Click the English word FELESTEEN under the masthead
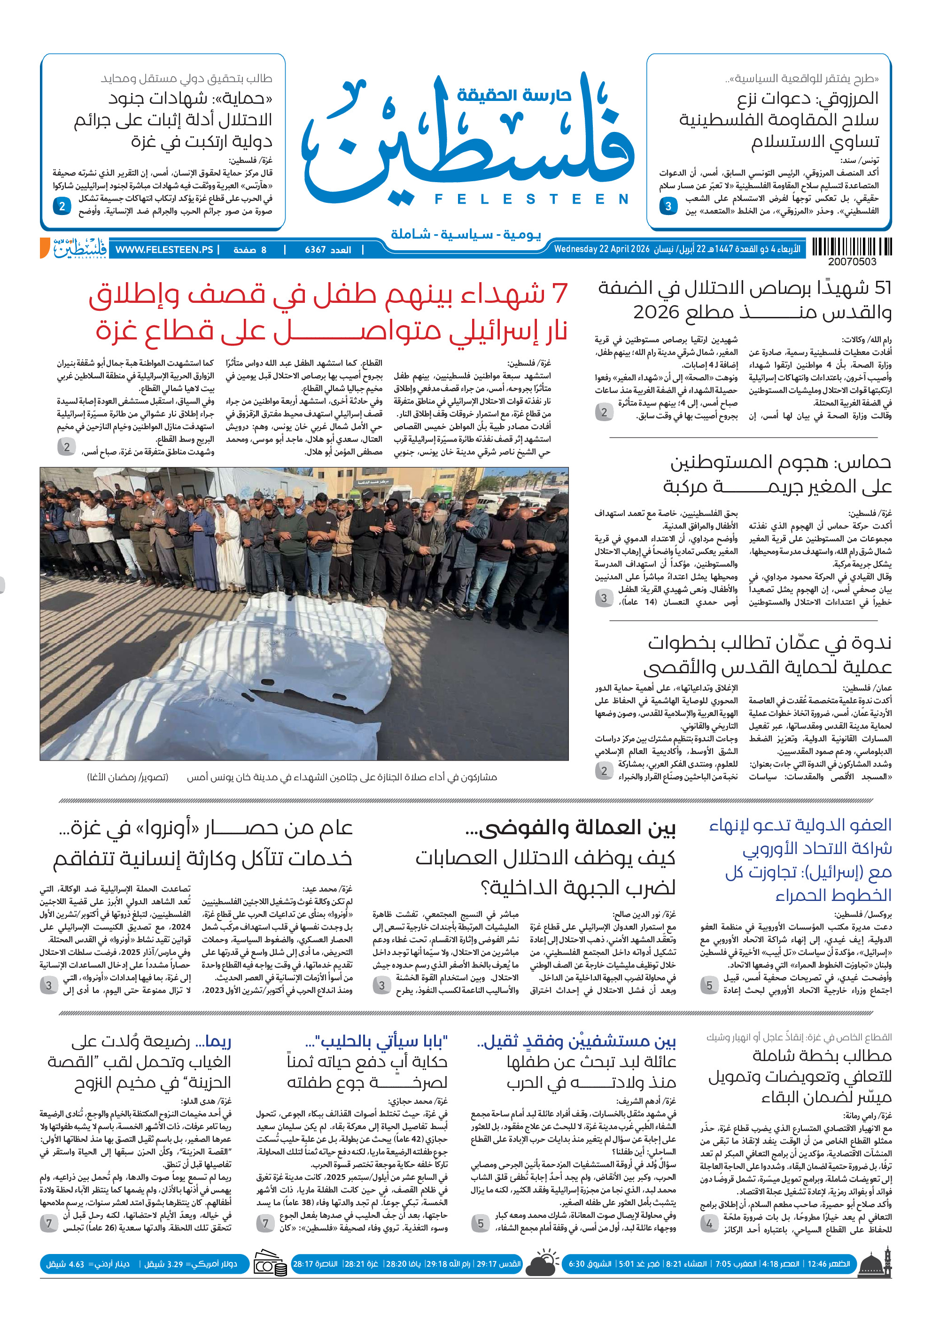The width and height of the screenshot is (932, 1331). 531,199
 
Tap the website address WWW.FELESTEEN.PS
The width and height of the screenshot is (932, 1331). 164,249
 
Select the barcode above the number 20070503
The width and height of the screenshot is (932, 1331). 851,246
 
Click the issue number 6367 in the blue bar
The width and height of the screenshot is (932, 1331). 316,250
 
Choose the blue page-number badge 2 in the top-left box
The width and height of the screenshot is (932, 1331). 62,206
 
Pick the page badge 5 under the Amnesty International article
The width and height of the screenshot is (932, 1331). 709,985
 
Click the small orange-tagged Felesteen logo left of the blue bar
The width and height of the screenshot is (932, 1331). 74,248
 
